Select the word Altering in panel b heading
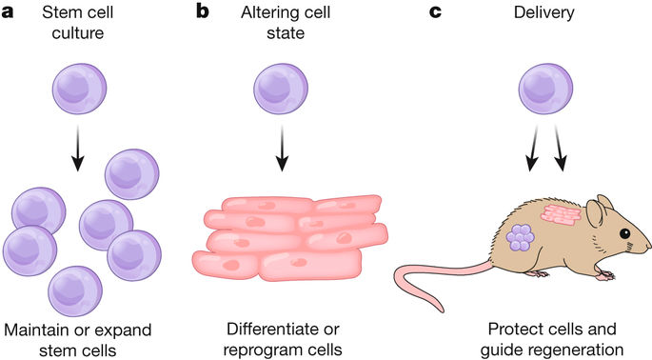click(262, 13)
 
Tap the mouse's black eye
click(624, 233)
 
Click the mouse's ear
click(596, 211)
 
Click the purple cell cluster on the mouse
click(521, 236)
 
